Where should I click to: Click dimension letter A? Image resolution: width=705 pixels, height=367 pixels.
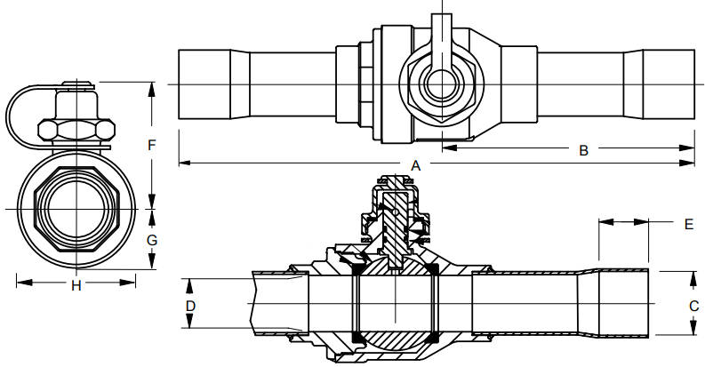point(416,166)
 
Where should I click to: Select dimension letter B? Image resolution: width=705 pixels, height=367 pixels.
point(583,150)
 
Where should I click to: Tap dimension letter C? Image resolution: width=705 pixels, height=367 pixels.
point(693,306)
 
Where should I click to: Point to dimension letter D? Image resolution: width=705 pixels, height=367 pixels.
point(190,306)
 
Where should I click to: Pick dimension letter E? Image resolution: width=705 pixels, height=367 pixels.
point(689,224)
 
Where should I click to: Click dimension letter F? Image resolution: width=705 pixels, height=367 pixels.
point(151,145)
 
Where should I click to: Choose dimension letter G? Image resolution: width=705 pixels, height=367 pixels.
point(152,240)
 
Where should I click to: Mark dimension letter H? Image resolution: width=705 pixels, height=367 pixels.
point(76,285)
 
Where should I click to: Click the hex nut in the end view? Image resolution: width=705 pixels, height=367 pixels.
point(76,130)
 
